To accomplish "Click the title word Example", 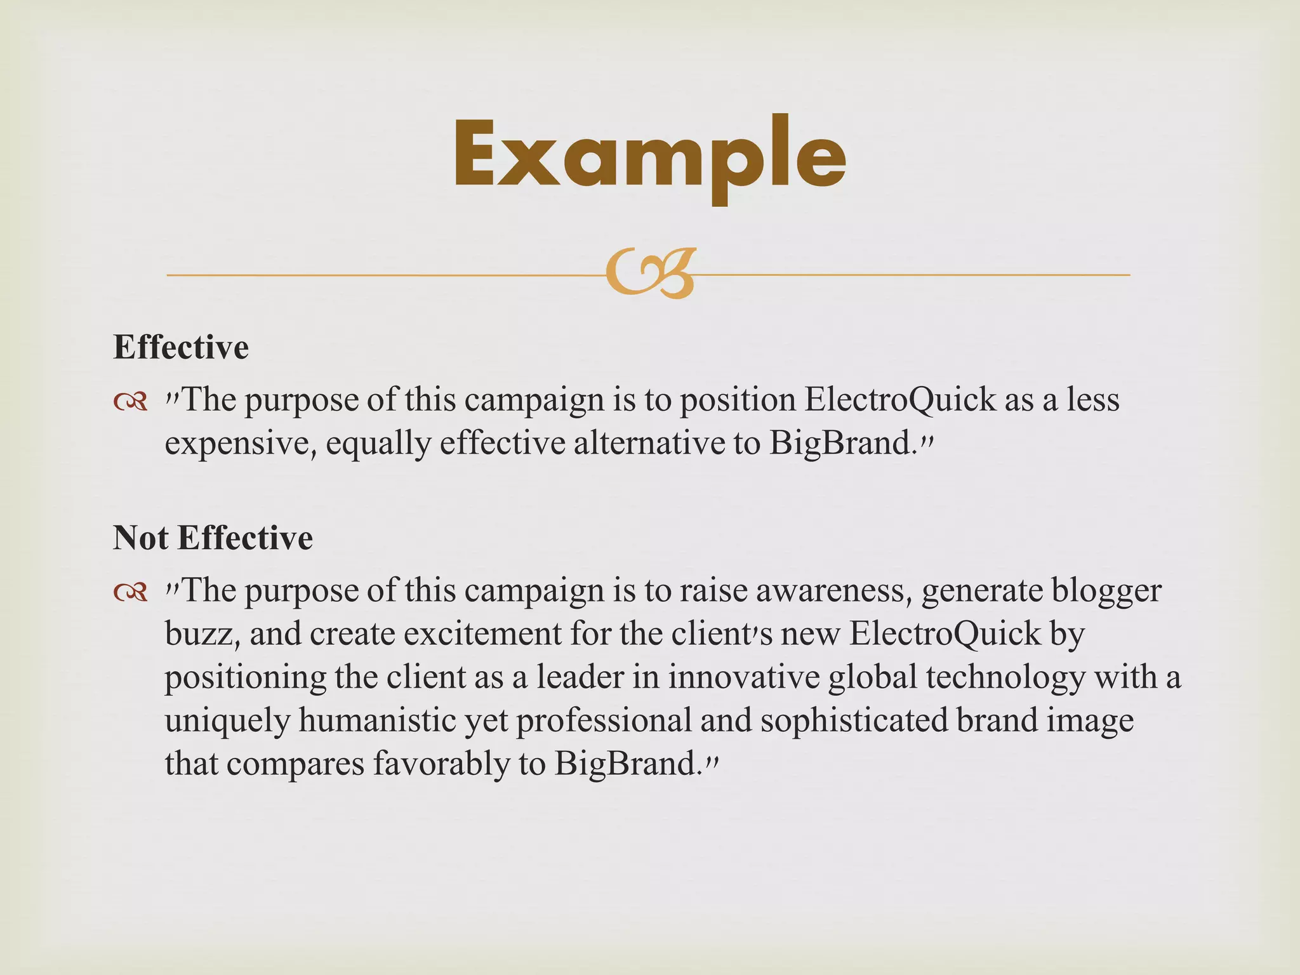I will point(649,156).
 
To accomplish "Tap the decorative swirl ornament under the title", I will point(651,274).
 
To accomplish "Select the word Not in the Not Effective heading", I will point(141,538).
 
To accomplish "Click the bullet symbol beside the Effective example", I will point(131,401).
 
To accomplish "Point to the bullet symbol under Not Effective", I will point(131,592).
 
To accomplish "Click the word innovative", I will point(743,677).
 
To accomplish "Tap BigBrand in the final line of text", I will point(625,763).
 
